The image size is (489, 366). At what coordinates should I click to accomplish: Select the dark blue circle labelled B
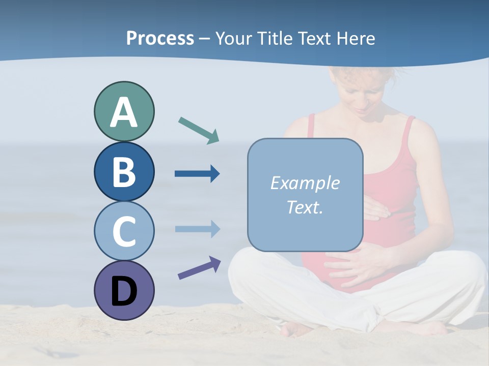coord(124,172)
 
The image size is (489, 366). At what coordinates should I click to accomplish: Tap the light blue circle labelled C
coord(124,231)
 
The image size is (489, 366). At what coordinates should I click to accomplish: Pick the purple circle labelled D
coord(124,291)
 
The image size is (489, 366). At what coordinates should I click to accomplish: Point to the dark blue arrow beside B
coord(197,174)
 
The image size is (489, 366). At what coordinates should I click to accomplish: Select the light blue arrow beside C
coord(197,229)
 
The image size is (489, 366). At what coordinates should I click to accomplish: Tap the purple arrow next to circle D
coord(199,268)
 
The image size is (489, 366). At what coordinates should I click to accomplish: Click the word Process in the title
coord(160,39)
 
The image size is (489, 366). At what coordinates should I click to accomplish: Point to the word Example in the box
coord(305,183)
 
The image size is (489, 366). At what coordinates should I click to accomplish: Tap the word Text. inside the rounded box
coord(305,207)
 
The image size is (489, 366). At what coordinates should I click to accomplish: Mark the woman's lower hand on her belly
coord(357,264)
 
